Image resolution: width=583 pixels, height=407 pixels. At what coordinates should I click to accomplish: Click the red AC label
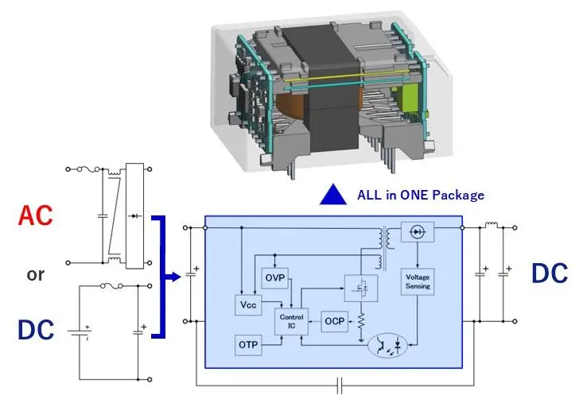[x=37, y=216]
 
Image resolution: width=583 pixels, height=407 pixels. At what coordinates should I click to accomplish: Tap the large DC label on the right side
[x=550, y=273]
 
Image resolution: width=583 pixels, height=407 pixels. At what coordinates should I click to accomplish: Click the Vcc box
[x=247, y=304]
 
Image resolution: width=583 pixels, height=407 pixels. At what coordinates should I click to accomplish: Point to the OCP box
[x=333, y=321]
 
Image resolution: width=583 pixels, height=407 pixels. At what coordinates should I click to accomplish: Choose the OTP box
[x=247, y=346]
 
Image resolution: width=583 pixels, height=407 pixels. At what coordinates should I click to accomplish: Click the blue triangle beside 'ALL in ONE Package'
[x=332, y=195]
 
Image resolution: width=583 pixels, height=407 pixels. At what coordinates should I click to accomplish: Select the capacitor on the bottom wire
[x=340, y=387]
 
